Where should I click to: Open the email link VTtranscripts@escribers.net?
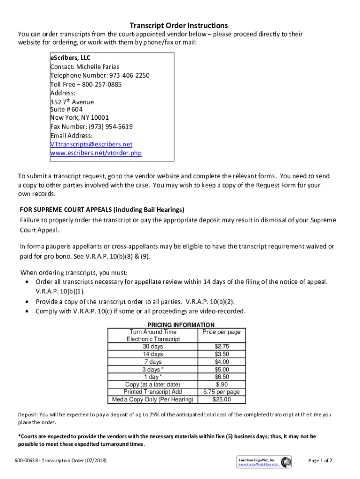[91, 144]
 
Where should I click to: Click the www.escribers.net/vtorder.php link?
[96, 153]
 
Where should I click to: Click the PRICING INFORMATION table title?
[181, 325]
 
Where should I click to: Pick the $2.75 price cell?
[222, 347]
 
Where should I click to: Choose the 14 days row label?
[153, 354]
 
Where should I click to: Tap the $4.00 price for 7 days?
[222, 362]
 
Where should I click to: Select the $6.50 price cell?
[222, 377]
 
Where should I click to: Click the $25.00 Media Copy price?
[222, 399]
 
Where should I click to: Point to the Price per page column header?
[222, 332]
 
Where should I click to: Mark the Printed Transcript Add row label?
[153, 392]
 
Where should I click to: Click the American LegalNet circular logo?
[286, 461]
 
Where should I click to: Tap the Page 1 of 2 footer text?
[320, 461]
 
